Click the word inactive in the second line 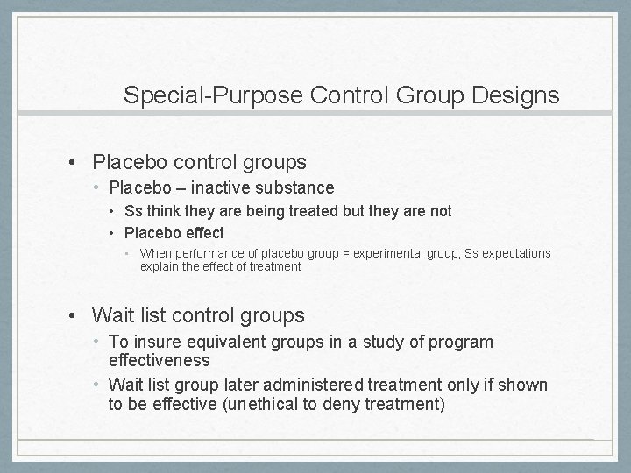tap(223, 187)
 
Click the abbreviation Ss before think tap(133, 211)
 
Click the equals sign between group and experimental tap(346, 253)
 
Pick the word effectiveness tap(160, 360)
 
